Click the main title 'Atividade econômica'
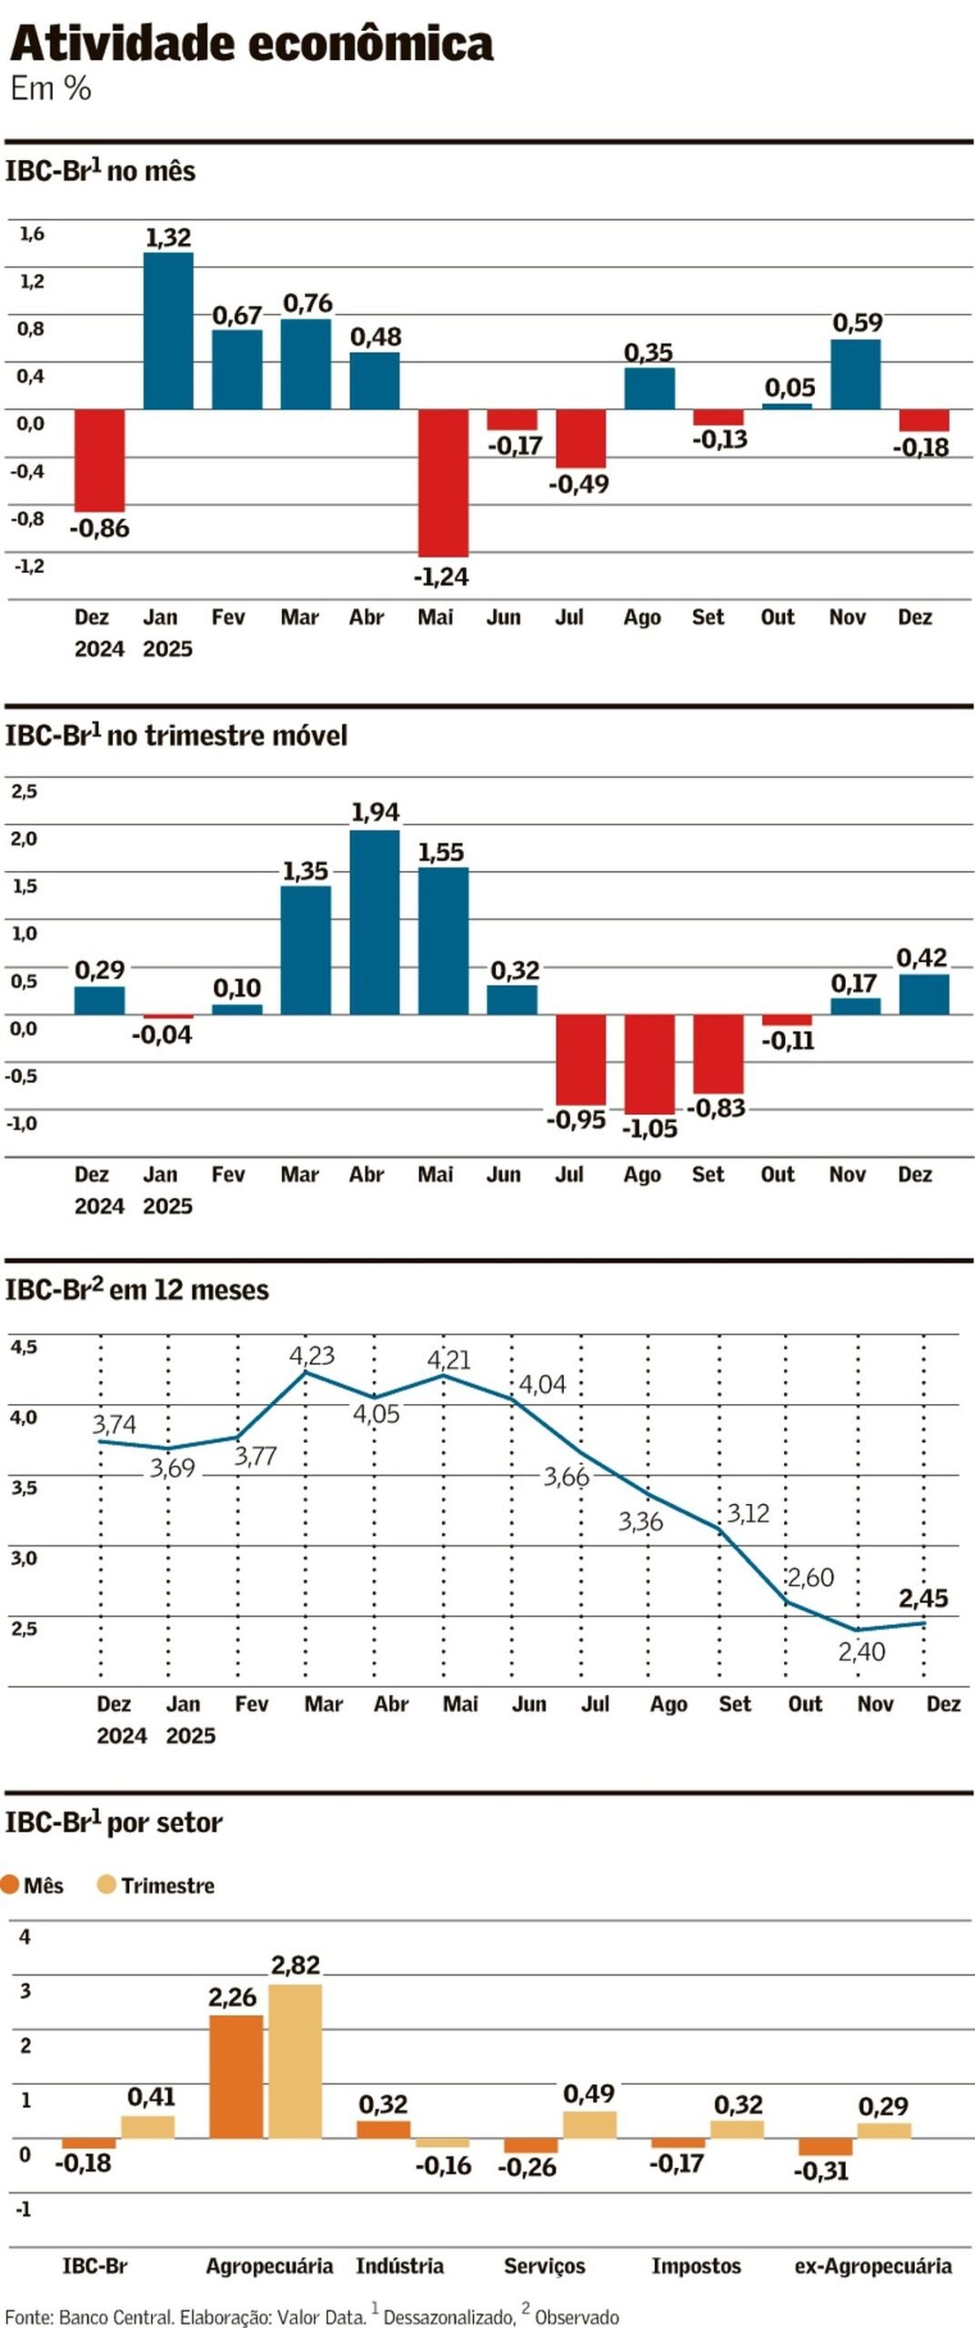pos(251,44)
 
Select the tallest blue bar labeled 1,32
pos(168,331)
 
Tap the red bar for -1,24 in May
pos(443,482)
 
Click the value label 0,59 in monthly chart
pos(857,323)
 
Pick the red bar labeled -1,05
pos(649,1063)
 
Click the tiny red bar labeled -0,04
pos(168,1017)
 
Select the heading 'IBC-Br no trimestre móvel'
pos(176,735)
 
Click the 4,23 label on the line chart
pos(312,1356)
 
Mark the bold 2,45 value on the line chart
pos(923,1598)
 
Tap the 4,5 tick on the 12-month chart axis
pos(24,1347)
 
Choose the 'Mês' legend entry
pos(34,1885)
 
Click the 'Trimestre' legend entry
pos(156,1885)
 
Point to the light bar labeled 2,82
pos(295,2060)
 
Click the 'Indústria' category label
pos(399,2265)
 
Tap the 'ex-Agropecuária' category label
pos(872,2265)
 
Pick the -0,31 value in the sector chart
pos(820,2171)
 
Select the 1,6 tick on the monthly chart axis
pos(32,234)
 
